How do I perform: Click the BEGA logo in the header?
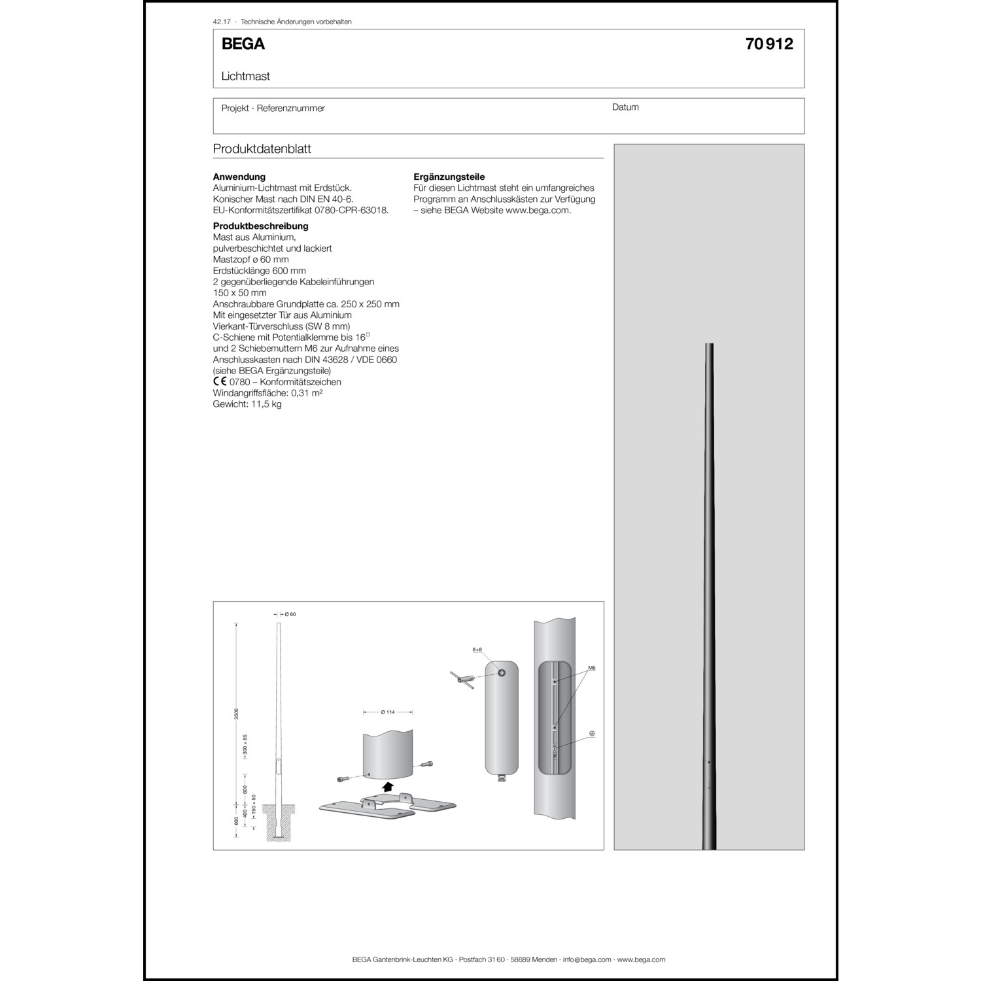click(x=243, y=44)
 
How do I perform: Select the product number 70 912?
click(x=768, y=44)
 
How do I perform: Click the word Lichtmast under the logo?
click(x=245, y=76)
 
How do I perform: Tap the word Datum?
click(x=625, y=107)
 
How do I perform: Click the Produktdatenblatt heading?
click(x=262, y=149)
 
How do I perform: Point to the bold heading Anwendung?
click(x=239, y=177)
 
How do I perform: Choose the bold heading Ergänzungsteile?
click(x=449, y=177)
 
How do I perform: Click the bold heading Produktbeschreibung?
click(x=260, y=226)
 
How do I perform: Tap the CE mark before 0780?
click(x=220, y=382)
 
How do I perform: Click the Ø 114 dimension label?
click(x=388, y=712)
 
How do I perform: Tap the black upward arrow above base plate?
click(x=388, y=786)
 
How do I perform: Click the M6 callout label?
click(x=591, y=668)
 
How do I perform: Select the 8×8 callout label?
click(x=477, y=649)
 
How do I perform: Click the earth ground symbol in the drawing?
click(x=592, y=734)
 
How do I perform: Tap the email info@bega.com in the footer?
click(x=587, y=959)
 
